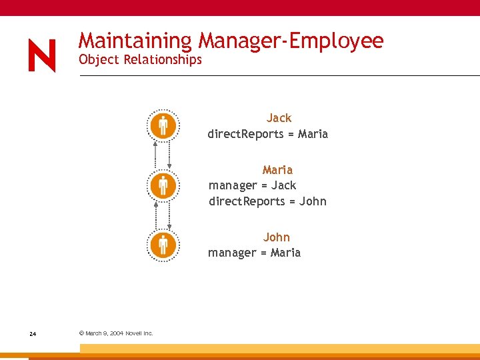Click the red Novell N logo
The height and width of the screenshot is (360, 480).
point(42,55)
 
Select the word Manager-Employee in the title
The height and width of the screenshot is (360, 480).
point(290,41)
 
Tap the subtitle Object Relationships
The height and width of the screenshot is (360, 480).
point(140,59)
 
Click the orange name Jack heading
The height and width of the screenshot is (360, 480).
point(279,118)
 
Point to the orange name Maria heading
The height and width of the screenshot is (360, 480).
point(277,170)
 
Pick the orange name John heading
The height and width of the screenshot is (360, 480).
point(277,237)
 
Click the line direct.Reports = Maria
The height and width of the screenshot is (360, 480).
point(267,134)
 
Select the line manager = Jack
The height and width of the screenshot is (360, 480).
point(253,185)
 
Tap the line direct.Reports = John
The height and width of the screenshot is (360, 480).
point(267,201)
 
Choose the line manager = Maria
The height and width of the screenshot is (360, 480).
point(254,253)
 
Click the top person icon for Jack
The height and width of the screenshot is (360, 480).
point(163,125)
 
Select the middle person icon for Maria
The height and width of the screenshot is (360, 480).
point(163,185)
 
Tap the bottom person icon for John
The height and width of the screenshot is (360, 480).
point(163,245)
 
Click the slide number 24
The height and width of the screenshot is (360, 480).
point(33,333)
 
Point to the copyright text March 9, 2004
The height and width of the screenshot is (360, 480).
point(116,333)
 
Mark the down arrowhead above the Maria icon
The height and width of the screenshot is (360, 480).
point(169,166)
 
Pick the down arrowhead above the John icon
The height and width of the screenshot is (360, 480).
point(169,227)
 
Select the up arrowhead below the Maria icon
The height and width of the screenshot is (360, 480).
point(156,203)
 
